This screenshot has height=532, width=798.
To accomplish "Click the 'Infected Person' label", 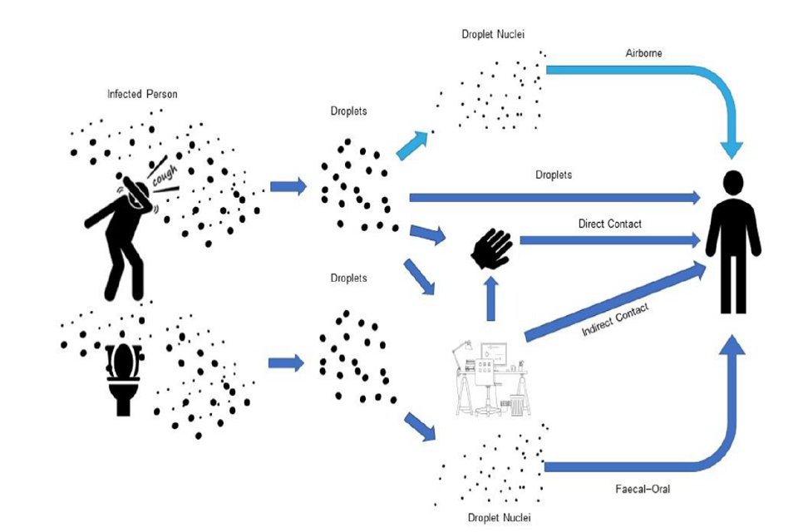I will pyautogui.click(x=142, y=94).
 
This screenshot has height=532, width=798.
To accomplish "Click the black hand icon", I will pyautogui.click(x=492, y=247).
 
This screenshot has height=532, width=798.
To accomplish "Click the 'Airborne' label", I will pyautogui.click(x=644, y=53).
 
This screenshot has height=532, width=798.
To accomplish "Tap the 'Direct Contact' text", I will pyautogui.click(x=609, y=224).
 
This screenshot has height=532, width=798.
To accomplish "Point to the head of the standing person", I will pyautogui.click(x=732, y=183).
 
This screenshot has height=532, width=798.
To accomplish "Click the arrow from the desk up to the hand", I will pyautogui.click(x=490, y=298).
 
